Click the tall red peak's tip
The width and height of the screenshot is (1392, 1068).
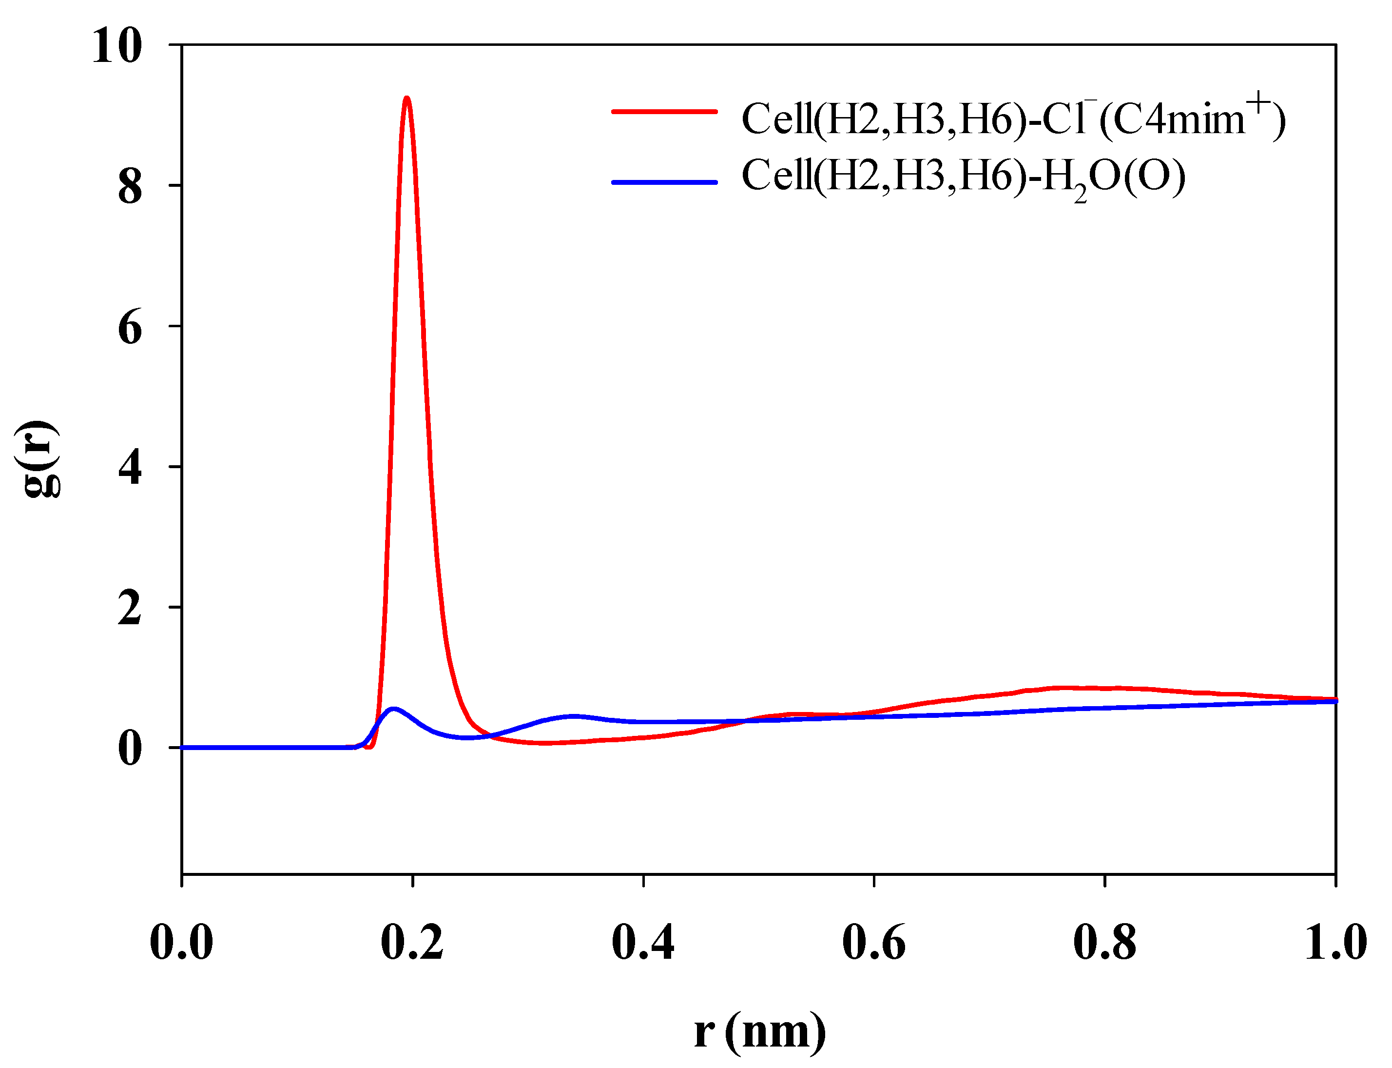[406, 99]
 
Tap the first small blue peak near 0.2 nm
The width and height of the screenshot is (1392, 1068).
[394, 709]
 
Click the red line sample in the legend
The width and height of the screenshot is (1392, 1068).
[664, 111]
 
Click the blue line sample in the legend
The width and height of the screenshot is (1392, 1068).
[664, 182]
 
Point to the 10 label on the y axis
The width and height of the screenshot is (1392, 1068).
[117, 46]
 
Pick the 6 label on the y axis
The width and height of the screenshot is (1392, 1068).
[130, 328]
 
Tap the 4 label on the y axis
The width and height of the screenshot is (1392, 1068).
[130, 469]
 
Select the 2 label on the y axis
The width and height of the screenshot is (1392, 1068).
[130, 610]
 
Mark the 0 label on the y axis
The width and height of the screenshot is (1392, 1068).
[130, 750]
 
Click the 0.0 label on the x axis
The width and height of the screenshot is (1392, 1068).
[181, 943]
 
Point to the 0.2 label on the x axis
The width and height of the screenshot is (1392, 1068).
[412, 943]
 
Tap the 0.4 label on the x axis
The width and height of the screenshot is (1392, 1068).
[643, 943]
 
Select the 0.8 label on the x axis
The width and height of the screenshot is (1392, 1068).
[1105, 943]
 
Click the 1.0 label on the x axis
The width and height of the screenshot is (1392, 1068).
[1335, 943]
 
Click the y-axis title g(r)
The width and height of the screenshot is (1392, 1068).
[38, 458]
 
